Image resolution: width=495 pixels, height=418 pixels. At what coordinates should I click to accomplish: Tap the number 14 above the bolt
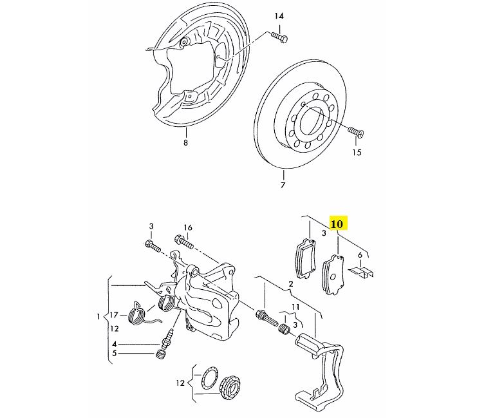click(x=279, y=16)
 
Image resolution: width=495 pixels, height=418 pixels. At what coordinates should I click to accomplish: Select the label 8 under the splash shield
click(x=185, y=142)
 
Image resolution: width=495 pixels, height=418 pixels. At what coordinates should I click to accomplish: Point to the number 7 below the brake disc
click(x=283, y=185)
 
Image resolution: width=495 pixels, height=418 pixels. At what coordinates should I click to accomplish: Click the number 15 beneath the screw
click(x=357, y=153)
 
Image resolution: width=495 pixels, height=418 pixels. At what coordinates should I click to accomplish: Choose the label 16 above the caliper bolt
click(x=187, y=227)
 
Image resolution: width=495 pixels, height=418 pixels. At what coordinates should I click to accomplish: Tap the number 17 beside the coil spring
click(x=114, y=315)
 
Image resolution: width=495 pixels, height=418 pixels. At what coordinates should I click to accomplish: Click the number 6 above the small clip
click(x=360, y=255)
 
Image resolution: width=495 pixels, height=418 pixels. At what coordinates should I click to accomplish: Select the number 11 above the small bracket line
click(x=295, y=307)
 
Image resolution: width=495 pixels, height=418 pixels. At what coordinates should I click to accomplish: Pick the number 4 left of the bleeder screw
click(x=115, y=344)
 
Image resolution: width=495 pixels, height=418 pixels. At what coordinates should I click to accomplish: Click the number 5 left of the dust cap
click(x=115, y=353)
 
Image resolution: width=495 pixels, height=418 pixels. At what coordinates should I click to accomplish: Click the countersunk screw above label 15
click(x=356, y=131)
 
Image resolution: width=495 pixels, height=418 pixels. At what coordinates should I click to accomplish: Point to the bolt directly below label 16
click(x=183, y=242)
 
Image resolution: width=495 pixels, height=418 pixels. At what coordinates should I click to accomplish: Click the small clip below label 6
click(x=362, y=272)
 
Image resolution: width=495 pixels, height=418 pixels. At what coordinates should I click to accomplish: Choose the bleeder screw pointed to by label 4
click(x=167, y=337)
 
